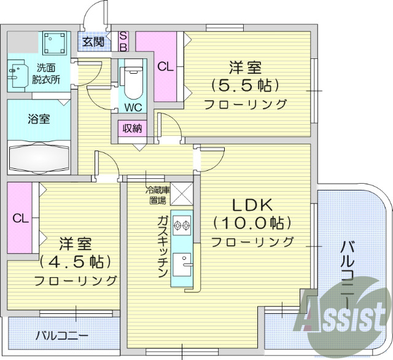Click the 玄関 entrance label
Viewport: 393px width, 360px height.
pyautogui.click(x=93, y=42)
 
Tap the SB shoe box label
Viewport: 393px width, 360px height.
pyautogui.click(x=123, y=41)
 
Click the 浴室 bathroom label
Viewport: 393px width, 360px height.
pyautogui.click(x=39, y=119)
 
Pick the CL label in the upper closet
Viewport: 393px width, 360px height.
pyautogui.click(x=164, y=67)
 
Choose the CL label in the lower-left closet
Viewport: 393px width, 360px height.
pyautogui.click(x=20, y=217)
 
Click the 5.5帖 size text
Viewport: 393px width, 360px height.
pyautogui.click(x=244, y=84)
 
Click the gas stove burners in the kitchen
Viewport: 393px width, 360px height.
pyautogui.click(x=182, y=225)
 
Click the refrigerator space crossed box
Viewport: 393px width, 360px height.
pyautogui.click(x=182, y=194)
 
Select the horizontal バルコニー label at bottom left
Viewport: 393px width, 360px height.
pyautogui.click(x=61, y=336)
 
